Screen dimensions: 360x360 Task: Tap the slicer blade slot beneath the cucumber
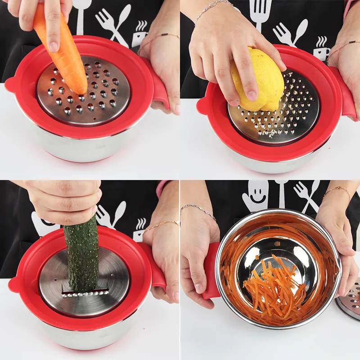click(x=85, y=293)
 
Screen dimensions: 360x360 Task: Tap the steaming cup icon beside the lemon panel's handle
click(x=321, y=48)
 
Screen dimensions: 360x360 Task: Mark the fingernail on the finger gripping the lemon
click(x=252, y=95)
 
